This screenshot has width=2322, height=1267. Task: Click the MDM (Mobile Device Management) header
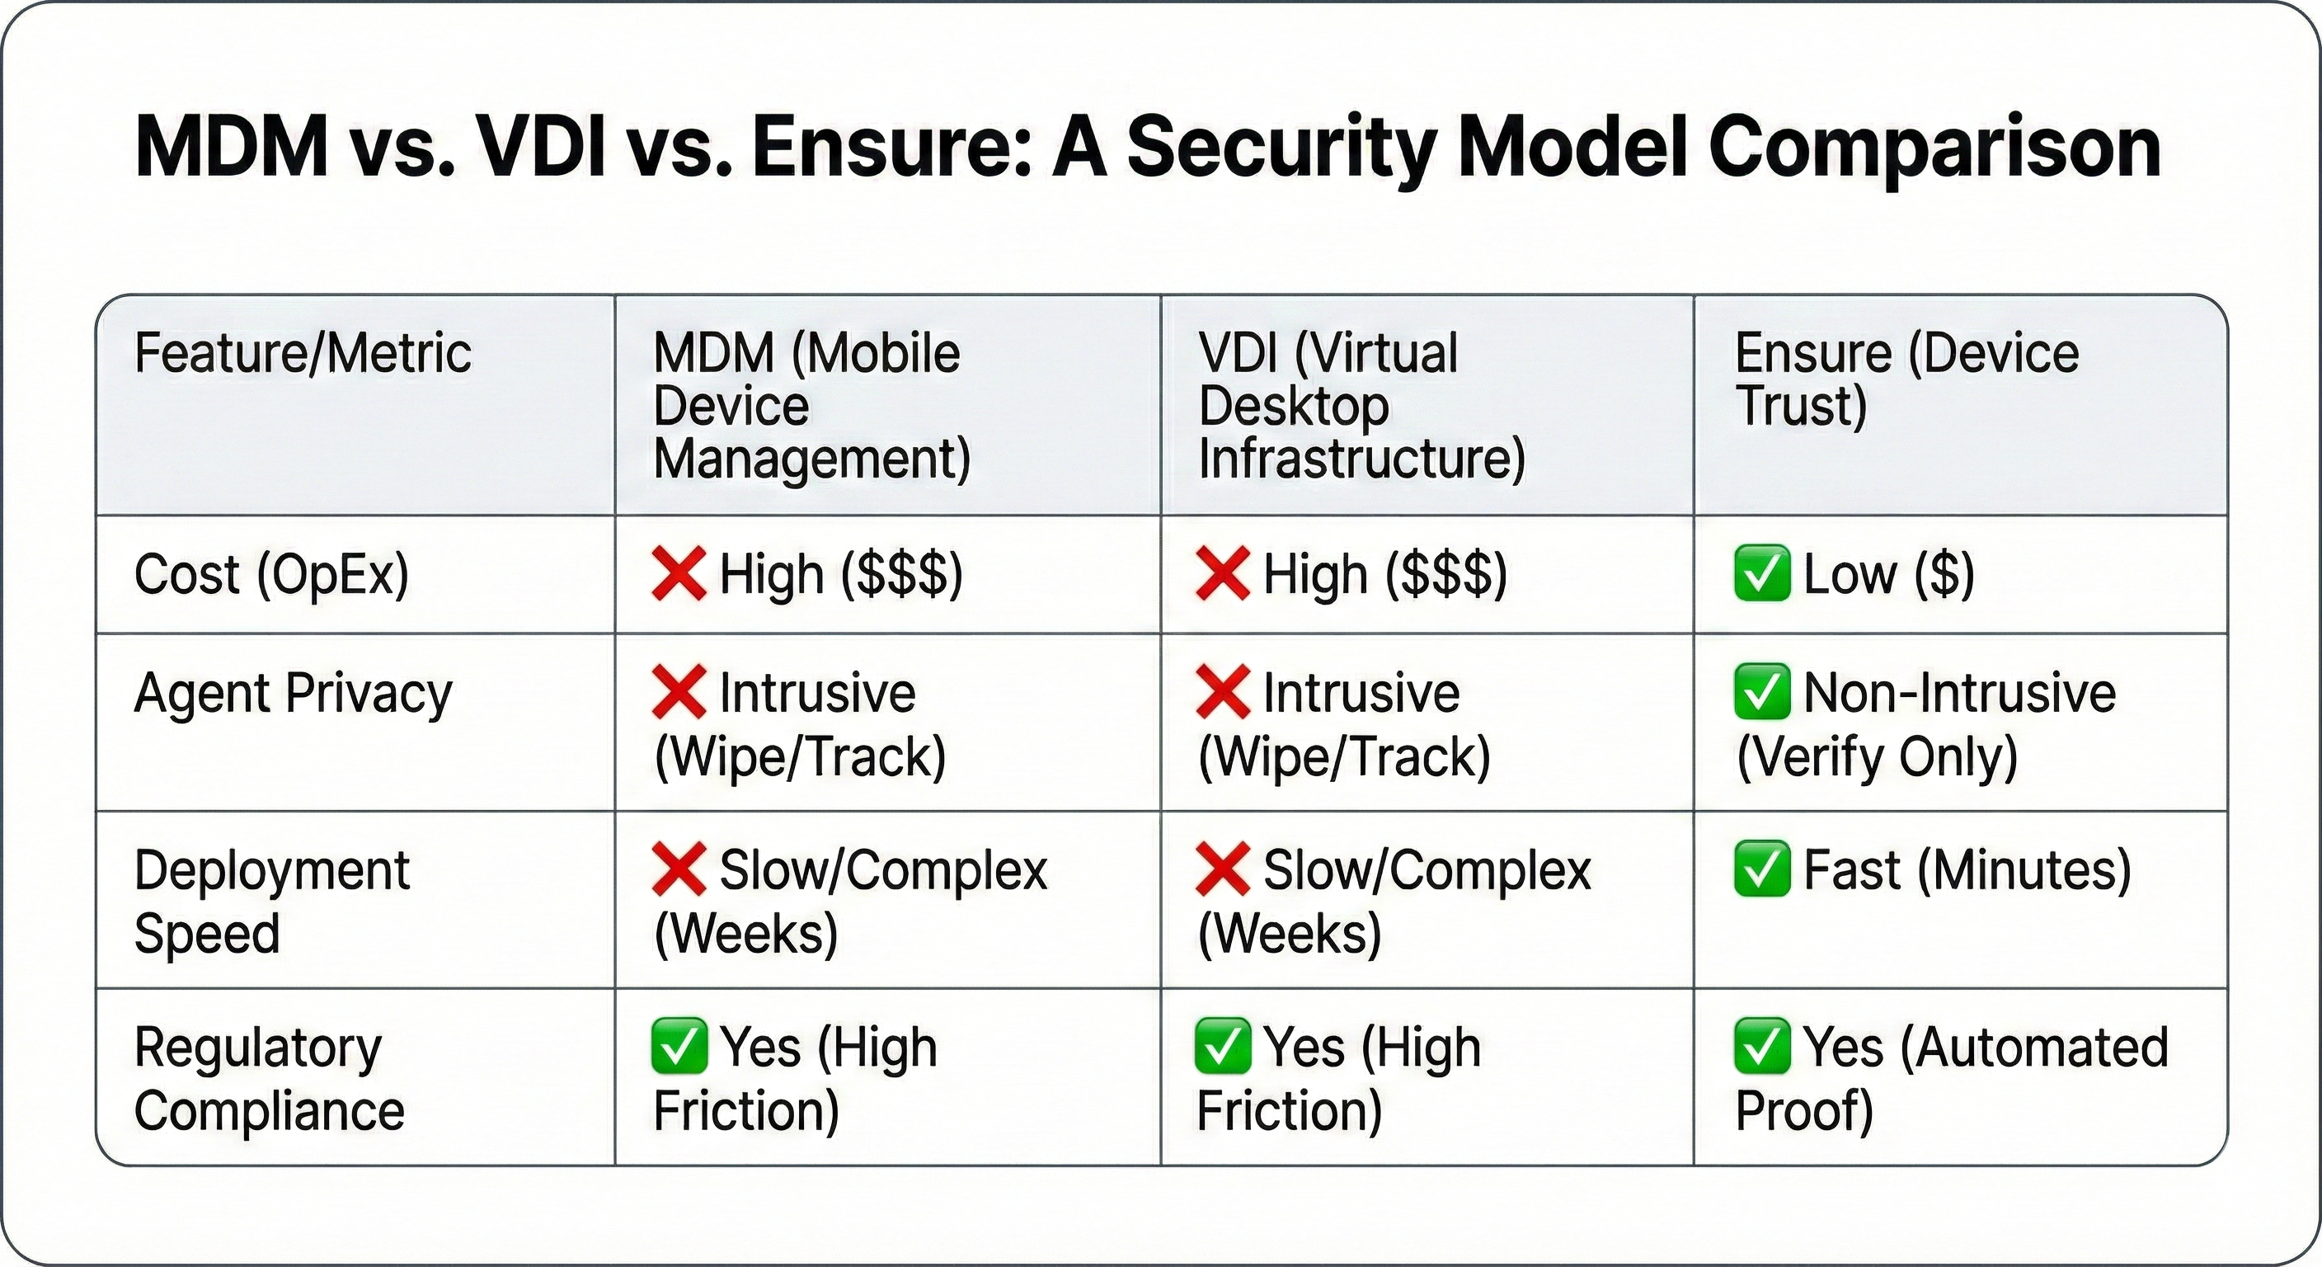(811, 405)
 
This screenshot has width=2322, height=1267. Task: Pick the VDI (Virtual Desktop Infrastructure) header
(1361, 405)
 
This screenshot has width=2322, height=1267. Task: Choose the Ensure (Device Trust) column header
(1906, 379)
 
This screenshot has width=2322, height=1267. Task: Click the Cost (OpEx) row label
(271, 574)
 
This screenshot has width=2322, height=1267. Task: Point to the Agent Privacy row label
(293, 694)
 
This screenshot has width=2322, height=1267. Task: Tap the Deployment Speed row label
(271, 901)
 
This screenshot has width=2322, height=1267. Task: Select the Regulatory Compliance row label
(269, 1079)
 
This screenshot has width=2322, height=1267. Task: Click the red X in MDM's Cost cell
(679, 573)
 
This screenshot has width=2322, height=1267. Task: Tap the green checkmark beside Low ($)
(1761, 573)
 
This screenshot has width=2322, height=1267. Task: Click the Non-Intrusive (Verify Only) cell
(1925, 723)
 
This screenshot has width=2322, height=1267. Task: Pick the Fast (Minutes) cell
(1934, 870)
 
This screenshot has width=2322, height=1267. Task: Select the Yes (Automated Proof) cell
(1952, 1079)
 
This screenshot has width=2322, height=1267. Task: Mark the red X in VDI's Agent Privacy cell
(1223, 693)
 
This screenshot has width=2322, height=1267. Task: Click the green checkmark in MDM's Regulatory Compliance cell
(679, 1046)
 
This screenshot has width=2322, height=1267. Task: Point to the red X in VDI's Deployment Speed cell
(1223, 869)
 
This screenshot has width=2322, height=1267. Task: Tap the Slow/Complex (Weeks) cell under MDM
(849, 901)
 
